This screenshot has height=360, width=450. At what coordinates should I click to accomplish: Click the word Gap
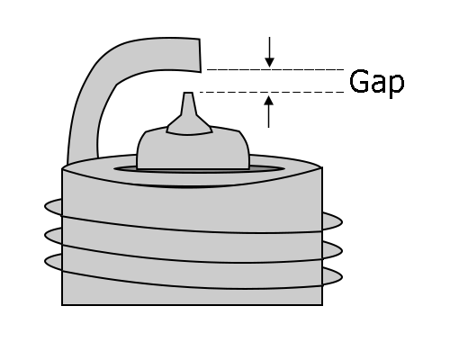(377, 83)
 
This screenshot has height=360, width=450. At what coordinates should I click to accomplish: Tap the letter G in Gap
(359, 81)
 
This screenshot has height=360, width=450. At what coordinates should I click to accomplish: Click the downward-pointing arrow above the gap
(269, 52)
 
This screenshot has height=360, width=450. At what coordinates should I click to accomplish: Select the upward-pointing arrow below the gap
(268, 112)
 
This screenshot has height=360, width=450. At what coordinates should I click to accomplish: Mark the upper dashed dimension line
(275, 69)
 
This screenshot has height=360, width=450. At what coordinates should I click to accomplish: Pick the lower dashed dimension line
(272, 92)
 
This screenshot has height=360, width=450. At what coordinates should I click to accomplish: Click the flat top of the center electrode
(188, 93)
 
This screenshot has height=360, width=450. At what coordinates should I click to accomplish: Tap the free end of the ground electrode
(200, 56)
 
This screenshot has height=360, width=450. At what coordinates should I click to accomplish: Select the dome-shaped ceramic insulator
(193, 148)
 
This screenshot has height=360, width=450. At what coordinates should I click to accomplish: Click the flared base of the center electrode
(190, 125)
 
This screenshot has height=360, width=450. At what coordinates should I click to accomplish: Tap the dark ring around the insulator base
(199, 169)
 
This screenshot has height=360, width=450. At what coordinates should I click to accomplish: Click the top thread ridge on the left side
(53, 207)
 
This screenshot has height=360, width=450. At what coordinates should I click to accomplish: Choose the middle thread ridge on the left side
(53, 236)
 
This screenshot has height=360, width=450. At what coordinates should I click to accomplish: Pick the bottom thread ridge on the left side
(53, 262)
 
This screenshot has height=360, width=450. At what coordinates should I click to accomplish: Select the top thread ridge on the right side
(332, 222)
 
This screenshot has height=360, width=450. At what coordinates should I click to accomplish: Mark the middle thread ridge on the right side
(332, 251)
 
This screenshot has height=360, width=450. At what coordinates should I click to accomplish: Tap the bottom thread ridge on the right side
(332, 277)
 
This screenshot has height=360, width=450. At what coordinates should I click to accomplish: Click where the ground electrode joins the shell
(83, 159)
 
